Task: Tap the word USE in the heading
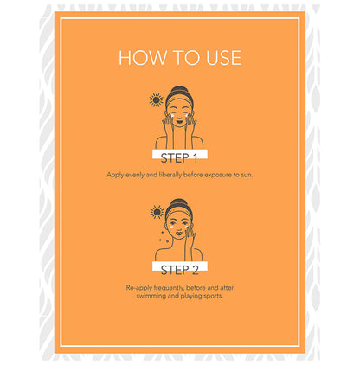(x=223, y=58)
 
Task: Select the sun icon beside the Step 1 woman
(x=156, y=100)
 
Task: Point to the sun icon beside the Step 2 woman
(x=157, y=212)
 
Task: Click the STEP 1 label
(x=179, y=158)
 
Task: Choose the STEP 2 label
(x=179, y=270)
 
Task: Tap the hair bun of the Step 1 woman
(x=179, y=89)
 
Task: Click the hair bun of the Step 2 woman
(x=179, y=202)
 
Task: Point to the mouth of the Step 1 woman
(x=179, y=122)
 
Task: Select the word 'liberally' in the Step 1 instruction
(x=170, y=175)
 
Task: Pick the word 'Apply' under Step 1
(x=115, y=175)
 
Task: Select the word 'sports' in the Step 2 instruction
(x=213, y=296)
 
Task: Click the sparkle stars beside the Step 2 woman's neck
(x=163, y=236)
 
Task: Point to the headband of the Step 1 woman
(x=179, y=99)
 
